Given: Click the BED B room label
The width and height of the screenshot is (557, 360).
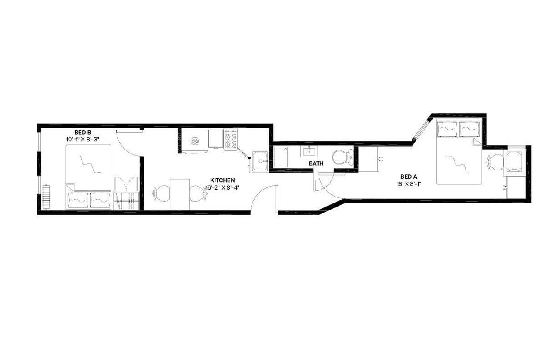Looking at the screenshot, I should (82, 133).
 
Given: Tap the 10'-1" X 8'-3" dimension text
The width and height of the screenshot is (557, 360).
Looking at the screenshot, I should (82, 140).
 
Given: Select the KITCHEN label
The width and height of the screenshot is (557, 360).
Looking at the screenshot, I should (222, 180).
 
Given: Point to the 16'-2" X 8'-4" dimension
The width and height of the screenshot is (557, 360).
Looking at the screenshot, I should (222, 187).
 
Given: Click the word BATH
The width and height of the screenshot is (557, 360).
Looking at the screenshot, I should (316, 163).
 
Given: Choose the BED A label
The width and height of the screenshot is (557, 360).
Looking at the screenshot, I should (409, 177).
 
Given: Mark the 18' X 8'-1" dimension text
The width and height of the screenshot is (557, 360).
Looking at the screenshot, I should (409, 183).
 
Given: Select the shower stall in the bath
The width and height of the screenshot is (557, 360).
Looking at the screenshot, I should (281, 157).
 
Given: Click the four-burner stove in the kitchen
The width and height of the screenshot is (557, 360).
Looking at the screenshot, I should (231, 140).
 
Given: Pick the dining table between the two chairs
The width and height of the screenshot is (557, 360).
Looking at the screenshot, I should (180, 194).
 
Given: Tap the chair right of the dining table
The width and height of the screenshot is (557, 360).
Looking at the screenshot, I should (198, 193).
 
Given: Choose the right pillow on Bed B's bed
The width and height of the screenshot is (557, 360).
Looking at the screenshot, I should (100, 200).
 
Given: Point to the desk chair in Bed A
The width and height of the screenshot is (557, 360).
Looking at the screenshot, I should (495, 162).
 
